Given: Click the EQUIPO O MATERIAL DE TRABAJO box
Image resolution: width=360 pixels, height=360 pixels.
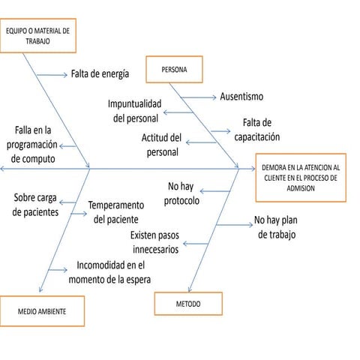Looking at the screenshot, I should (38, 36).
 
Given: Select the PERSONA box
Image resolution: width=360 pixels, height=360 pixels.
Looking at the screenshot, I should (174, 69).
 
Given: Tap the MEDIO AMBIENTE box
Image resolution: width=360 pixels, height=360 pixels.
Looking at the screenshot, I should (42, 309).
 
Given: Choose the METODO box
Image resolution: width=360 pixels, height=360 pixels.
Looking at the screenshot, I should (188, 304).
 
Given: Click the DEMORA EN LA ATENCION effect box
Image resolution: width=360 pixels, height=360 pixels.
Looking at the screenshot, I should (300, 178).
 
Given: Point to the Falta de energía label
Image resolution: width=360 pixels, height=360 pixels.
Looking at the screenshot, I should (100, 74).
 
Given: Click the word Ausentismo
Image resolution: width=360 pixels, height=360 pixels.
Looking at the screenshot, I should (241, 97).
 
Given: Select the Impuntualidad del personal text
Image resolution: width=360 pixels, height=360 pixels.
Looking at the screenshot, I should (133, 111).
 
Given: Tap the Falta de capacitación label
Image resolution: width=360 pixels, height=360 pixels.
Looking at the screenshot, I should (256, 130).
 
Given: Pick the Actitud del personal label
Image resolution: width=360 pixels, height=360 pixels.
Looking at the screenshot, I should (161, 145).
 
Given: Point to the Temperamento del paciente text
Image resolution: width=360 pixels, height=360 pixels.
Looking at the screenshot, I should (115, 211).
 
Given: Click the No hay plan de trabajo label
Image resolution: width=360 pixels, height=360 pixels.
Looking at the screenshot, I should (276, 227).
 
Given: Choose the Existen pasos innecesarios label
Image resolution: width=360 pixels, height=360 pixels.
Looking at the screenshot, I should (156, 242).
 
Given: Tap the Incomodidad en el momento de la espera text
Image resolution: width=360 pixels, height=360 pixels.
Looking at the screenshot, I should (109, 272).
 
